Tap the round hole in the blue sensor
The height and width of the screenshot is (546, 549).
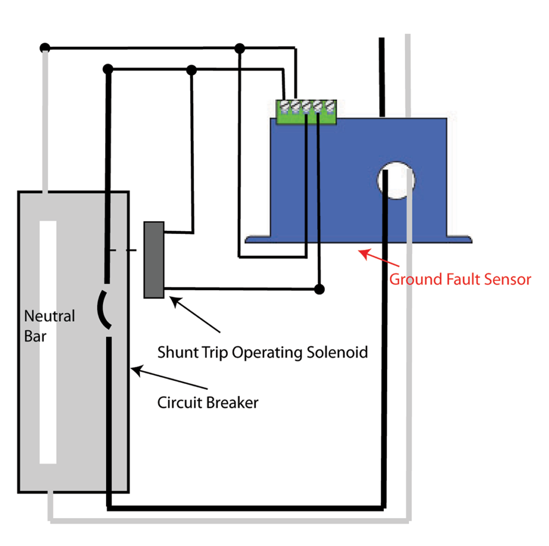[x=396, y=181]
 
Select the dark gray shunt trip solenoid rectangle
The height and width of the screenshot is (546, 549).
[x=154, y=260]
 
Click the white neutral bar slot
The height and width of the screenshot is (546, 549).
[x=48, y=342]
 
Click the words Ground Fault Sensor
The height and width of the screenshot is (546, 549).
[x=460, y=279]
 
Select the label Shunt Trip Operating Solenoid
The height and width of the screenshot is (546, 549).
[x=262, y=353]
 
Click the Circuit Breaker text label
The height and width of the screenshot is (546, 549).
[x=207, y=403]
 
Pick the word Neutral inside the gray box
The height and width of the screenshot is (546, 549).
[x=49, y=316]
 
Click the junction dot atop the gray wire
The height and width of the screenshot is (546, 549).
[x=45, y=48]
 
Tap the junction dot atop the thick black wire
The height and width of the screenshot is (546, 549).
[x=108, y=69]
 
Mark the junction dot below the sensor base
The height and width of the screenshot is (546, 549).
[x=320, y=290]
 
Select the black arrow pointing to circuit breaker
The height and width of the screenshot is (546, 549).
[x=169, y=378]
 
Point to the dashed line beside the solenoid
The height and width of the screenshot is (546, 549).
[x=123, y=250]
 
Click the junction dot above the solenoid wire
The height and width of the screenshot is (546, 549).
[x=192, y=70]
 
